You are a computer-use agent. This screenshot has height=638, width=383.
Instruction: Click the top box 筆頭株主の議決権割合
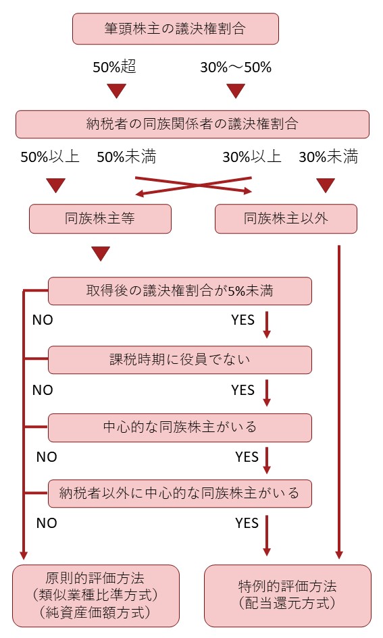click(176, 28)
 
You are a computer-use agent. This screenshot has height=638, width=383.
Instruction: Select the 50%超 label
click(114, 67)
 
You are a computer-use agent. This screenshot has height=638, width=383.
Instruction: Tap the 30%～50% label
click(236, 67)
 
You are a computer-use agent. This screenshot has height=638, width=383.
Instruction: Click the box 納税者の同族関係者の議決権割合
click(193, 124)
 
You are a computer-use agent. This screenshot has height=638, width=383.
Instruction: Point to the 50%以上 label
click(50, 157)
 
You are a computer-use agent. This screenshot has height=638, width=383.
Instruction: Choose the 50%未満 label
click(126, 157)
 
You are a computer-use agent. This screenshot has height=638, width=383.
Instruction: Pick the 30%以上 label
click(252, 157)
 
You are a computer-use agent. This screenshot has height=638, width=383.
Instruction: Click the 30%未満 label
click(328, 157)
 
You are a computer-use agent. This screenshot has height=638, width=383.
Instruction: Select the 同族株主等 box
click(100, 219)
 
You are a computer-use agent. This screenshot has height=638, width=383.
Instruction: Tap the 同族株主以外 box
click(286, 219)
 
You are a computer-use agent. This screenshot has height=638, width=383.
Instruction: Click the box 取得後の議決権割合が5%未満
click(180, 291)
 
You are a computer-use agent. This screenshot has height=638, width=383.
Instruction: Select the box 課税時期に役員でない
click(180, 360)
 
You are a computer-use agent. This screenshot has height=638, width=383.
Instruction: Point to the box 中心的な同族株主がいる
click(180, 427)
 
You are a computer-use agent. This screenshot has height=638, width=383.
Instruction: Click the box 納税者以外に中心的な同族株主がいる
click(180, 494)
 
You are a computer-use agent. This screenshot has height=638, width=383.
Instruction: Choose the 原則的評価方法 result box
click(96, 595)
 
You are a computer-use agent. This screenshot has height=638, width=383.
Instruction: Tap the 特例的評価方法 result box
click(288, 595)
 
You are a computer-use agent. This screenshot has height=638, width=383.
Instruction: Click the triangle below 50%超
click(116, 90)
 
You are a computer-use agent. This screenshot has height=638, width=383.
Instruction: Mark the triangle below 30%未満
click(326, 186)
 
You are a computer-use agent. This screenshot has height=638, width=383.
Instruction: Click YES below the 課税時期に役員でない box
click(243, 390)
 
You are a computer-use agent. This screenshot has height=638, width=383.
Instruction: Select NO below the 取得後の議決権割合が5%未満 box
click(43, 320)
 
